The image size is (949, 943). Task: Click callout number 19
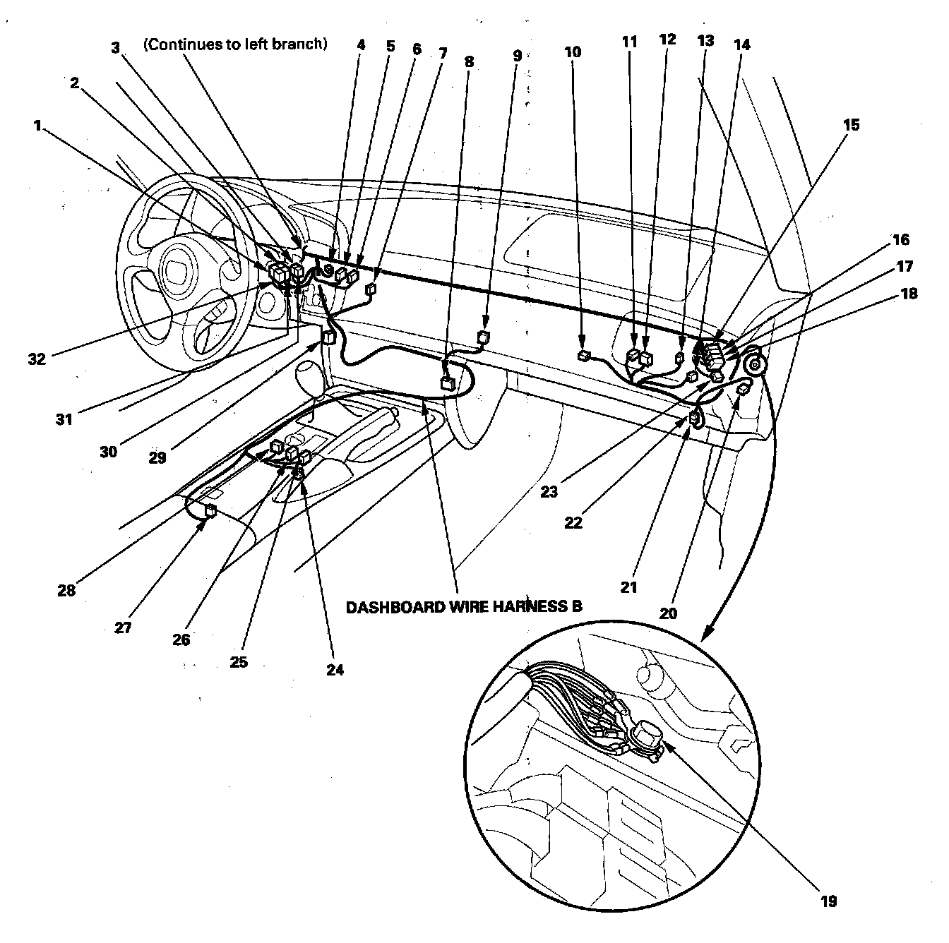pos(828,901)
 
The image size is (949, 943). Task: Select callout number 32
pos(37,359)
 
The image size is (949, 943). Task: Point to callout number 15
pos(852,125)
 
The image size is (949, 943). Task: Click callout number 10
pos(573,52)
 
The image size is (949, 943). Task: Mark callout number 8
pos(469,61)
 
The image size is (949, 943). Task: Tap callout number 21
pos(628,587)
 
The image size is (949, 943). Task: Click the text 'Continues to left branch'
pos(235,44)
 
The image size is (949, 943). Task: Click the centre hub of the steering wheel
pos(173,269)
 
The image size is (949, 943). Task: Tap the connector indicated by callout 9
pos(484,337)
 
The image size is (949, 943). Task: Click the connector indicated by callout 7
pos(370,289)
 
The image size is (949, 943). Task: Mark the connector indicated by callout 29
pos(328,337)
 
